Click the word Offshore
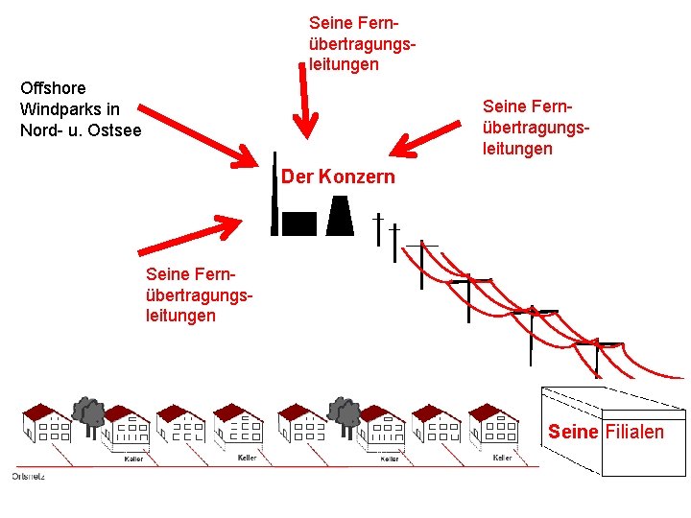pos(53,88)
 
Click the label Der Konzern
pos(338,177)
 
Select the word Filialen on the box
pos(633,432)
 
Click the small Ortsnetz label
pos(28,476)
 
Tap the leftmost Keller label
pos(133,459)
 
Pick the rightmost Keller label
pos(501,458)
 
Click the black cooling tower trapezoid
pos(339,215)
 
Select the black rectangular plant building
pos(298,223)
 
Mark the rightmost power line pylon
pos(597,355)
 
